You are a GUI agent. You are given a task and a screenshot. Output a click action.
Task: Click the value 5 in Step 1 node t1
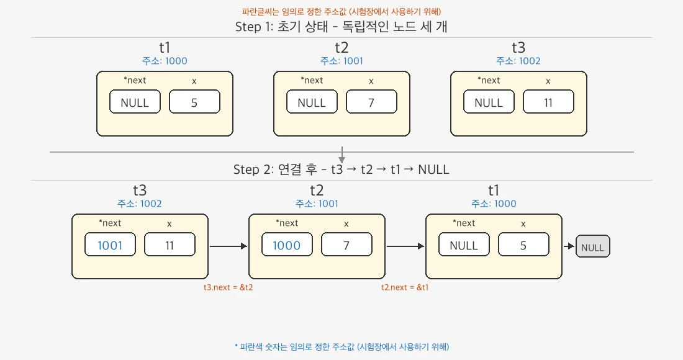(x=194, y=102)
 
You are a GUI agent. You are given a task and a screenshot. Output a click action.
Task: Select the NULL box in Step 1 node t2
(x=312, y=102)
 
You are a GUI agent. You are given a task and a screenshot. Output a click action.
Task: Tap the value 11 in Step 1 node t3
(x=548, y=102)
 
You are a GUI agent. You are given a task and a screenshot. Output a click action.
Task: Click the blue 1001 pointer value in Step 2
(x=110, y=245)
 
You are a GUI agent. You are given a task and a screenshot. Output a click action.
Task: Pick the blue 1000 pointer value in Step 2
(x=287, y=245)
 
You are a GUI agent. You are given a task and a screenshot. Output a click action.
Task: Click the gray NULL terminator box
(x=593, y=247)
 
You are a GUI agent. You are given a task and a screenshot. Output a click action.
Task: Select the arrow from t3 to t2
(x=228, y=246)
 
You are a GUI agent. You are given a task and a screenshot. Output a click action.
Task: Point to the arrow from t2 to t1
(x=405, y=246)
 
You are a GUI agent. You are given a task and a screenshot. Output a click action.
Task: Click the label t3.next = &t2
(x=228, y=287)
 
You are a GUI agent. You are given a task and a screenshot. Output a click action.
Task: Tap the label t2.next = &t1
(x=405, y=287)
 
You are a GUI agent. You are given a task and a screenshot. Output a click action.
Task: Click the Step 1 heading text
(x=341, y=27)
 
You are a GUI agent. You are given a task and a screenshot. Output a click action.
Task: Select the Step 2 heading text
(x=341, y=169)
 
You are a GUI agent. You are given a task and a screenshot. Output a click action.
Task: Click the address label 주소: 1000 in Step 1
(x=165, y=61)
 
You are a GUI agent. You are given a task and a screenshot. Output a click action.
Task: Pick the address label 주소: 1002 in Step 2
(x=140, y=204)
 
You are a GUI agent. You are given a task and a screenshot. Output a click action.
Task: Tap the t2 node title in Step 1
(x=341, y=47)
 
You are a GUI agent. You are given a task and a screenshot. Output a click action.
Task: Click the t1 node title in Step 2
(x=494, y=190)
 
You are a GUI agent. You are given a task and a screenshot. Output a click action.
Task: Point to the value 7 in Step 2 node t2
(x=346, y=245)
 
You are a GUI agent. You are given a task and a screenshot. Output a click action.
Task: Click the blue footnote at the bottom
(x=341, y=346)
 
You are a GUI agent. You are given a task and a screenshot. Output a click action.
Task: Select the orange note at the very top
(x=341, y=11)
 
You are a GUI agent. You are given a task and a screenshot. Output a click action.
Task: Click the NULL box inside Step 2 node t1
(x=464, y=245)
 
